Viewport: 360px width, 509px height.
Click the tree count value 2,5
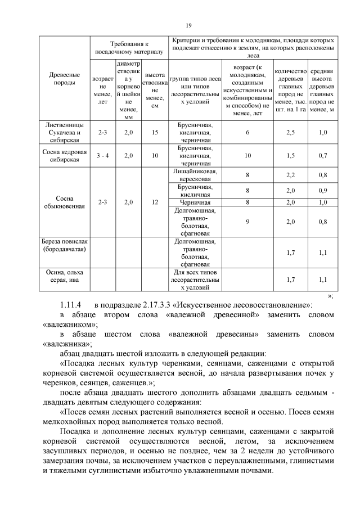[290, 132]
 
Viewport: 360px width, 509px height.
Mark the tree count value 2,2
[290, 175]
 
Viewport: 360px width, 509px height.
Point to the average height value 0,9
[323, 191]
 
